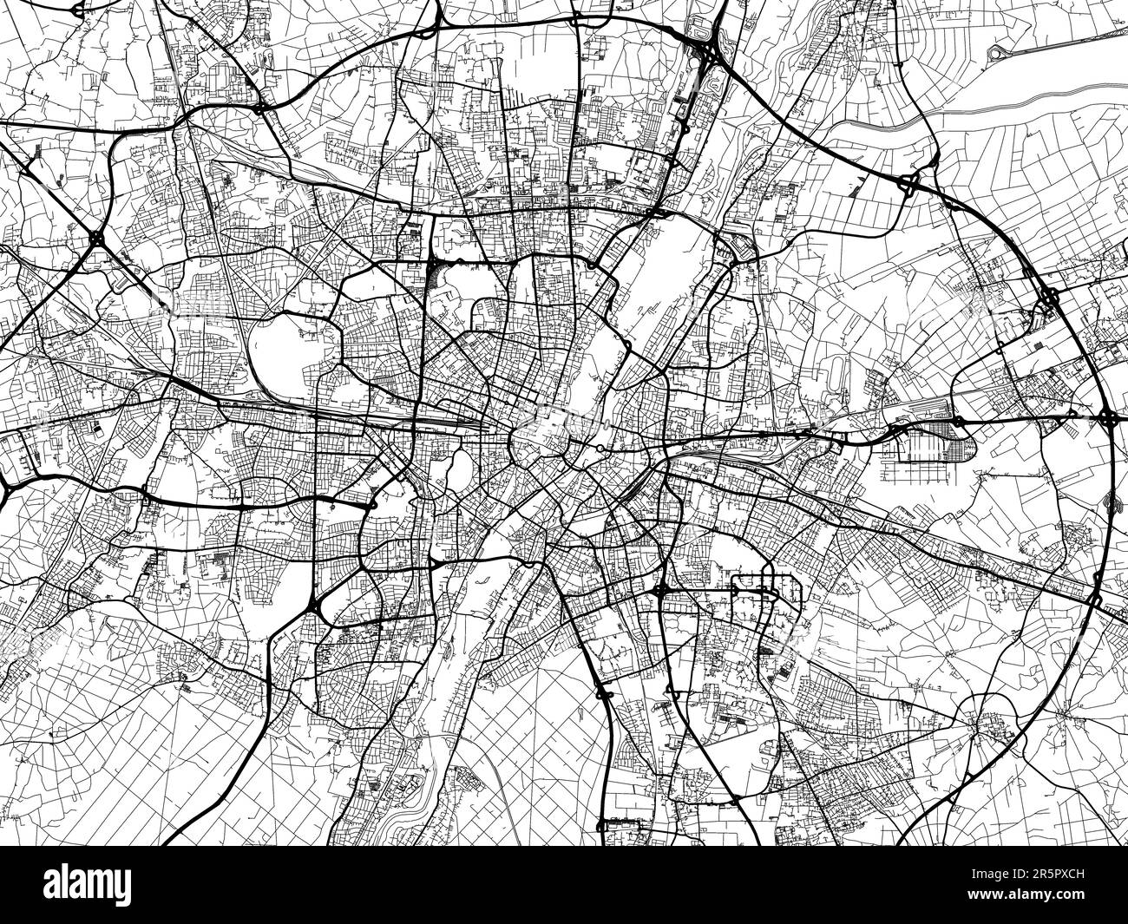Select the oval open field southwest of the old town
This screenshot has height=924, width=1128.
459,469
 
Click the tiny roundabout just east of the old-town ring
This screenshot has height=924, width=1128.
600,448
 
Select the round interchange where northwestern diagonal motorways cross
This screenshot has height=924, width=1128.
96,236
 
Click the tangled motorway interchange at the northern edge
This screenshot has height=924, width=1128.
708,52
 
